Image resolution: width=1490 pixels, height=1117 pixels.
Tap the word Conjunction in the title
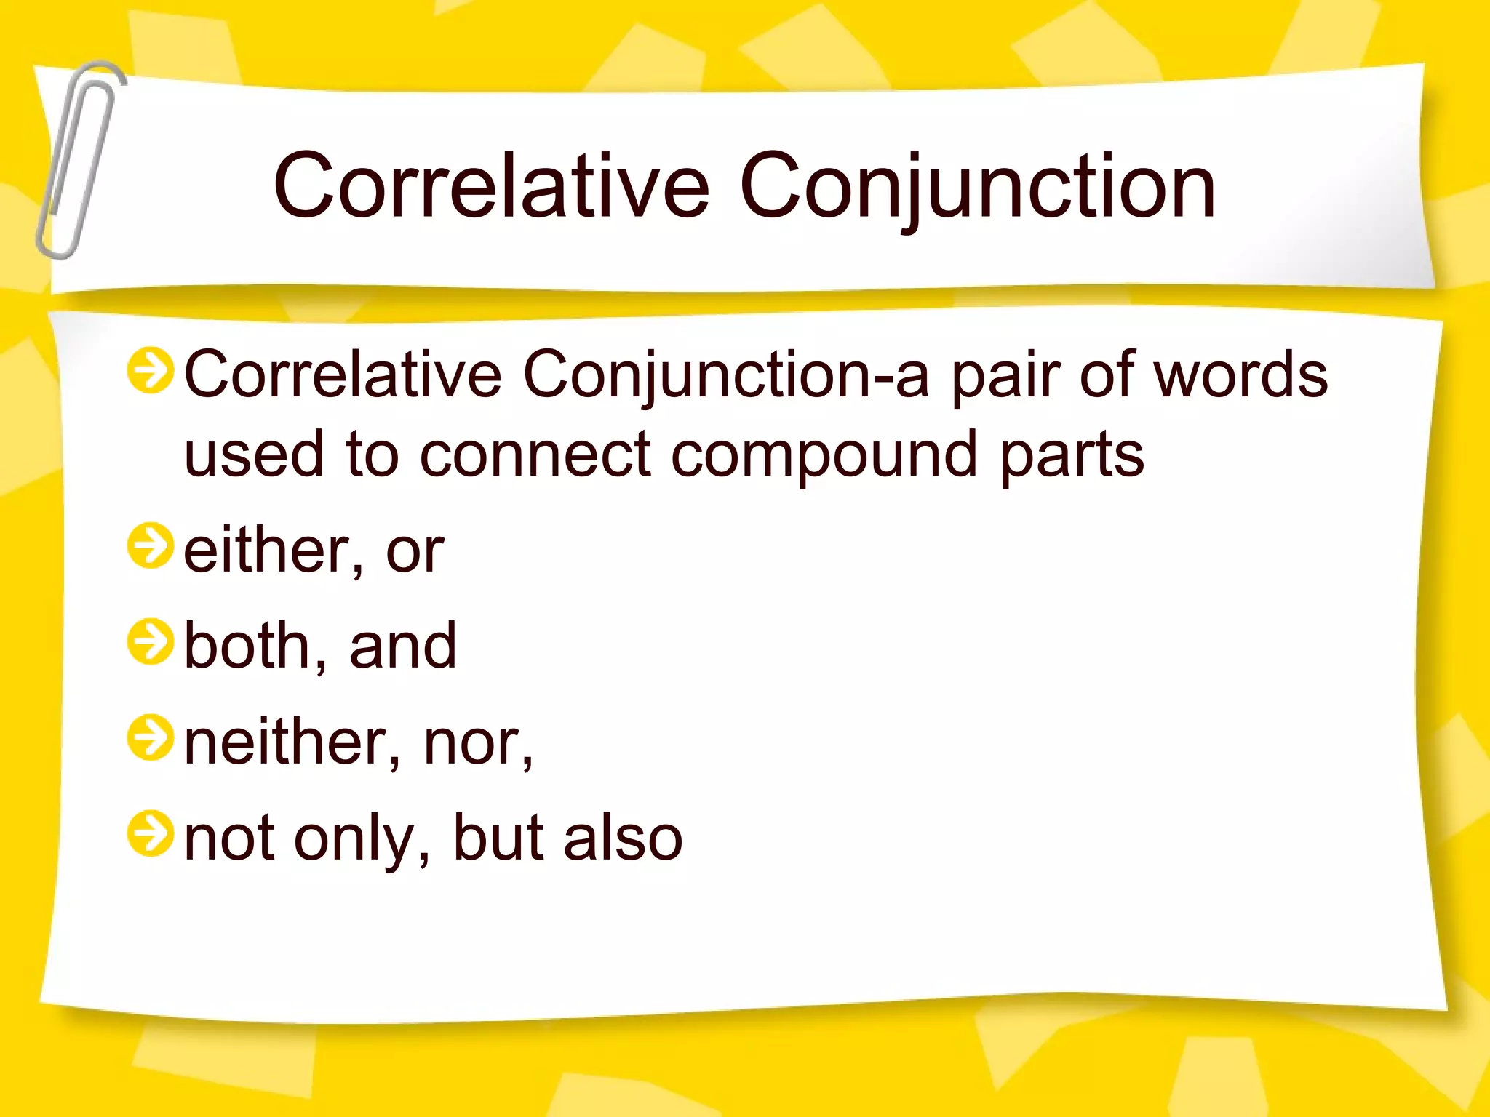tap(977, 186)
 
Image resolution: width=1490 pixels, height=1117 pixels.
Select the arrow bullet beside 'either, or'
tap(151, 545)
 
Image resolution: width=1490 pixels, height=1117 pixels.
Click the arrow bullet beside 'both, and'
tap(151, 642)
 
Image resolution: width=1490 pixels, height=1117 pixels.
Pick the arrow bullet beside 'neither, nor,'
tap(151, 738)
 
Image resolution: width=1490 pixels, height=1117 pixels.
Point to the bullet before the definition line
tap(151, 370)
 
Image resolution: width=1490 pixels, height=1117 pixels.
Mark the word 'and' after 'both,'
tap(403, 646)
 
